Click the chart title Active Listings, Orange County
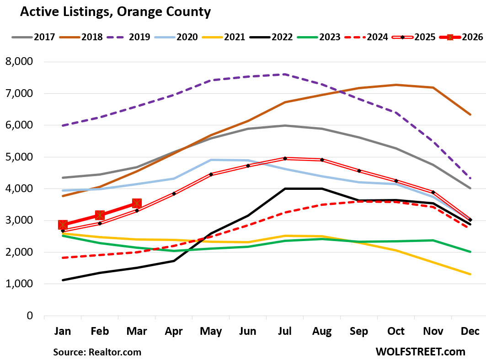click(x=115, y=12)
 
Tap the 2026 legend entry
click(x=461, y=37)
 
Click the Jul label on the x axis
click(x=285, y=331)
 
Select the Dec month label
click(x=470, y=331)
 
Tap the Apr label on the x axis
click(x=174, y=331)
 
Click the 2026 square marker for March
click(x=137, y=203)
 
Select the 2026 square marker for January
click(x=63, y=225)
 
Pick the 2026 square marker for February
click(x=100, y=215)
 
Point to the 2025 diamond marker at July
click(x=285, y=158)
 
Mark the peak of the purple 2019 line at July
click(x=285, y=74)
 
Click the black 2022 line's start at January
click(x=63, y=280)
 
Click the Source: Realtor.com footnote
click(x=97, y=352)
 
